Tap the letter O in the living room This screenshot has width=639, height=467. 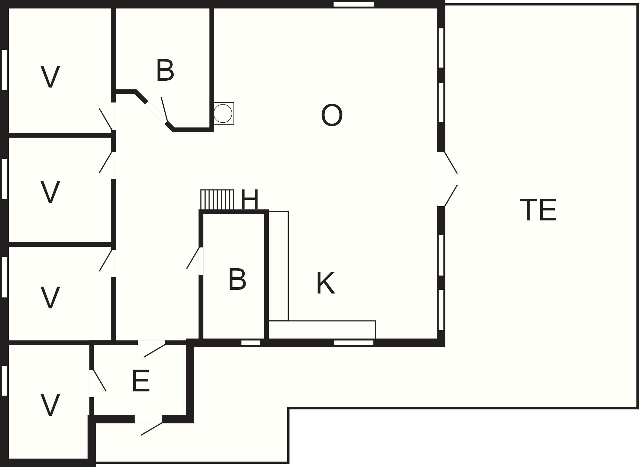coord(332,115)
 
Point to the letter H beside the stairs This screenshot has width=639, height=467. coord(250,199)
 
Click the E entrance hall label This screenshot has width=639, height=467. coord(141,381)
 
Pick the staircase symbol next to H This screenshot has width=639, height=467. coord(217,199)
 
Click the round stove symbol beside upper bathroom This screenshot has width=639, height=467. coord(223,113)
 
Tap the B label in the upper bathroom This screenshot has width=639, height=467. coord(165,70)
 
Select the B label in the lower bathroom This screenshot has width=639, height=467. coord(237,279)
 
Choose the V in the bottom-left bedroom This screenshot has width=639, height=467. coord(50,405)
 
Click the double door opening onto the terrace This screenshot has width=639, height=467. coord(447,179)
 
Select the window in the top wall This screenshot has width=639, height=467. coord(354,4)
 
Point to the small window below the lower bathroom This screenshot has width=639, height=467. coord(251,342)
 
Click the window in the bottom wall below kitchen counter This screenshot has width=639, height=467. coord(354,342)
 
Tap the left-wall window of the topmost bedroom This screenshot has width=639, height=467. coord(5,70)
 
